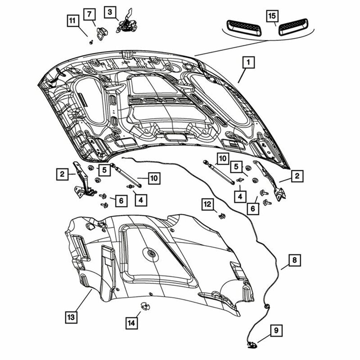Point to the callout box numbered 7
coord(90,15)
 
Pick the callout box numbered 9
coord(276,330)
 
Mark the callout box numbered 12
coord(208,204)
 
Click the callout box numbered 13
coord(71,317)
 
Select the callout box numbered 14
coord(132,323)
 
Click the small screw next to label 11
coord(91,42)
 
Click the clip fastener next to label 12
coord(221,216)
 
